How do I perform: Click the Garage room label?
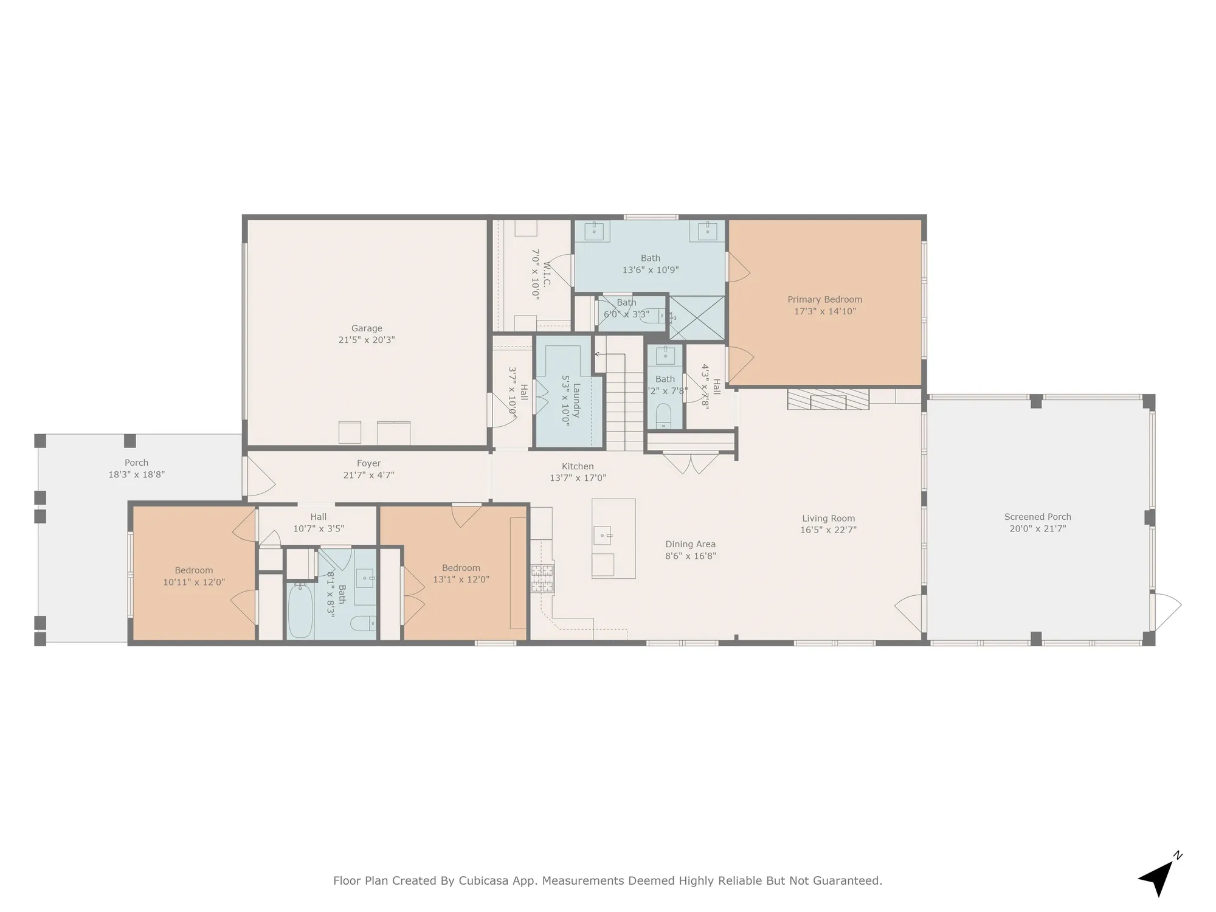pos(367,328)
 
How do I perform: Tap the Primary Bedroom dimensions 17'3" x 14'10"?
pos(824,311)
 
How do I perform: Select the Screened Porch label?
pos(1037,517)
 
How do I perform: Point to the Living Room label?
pos(828,519)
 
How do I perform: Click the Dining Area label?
pos(690,544)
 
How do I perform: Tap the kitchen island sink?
pos(603,536)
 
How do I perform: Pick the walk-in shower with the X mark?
pos(697,317)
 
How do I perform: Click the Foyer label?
pos(368,463)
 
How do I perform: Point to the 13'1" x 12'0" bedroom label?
pos(461,574)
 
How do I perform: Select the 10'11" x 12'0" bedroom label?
pos(194,576)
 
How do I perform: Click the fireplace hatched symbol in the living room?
pos(827,399)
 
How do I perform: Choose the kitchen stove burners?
pos(542,578)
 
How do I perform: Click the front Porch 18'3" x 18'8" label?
pos(136,469)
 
